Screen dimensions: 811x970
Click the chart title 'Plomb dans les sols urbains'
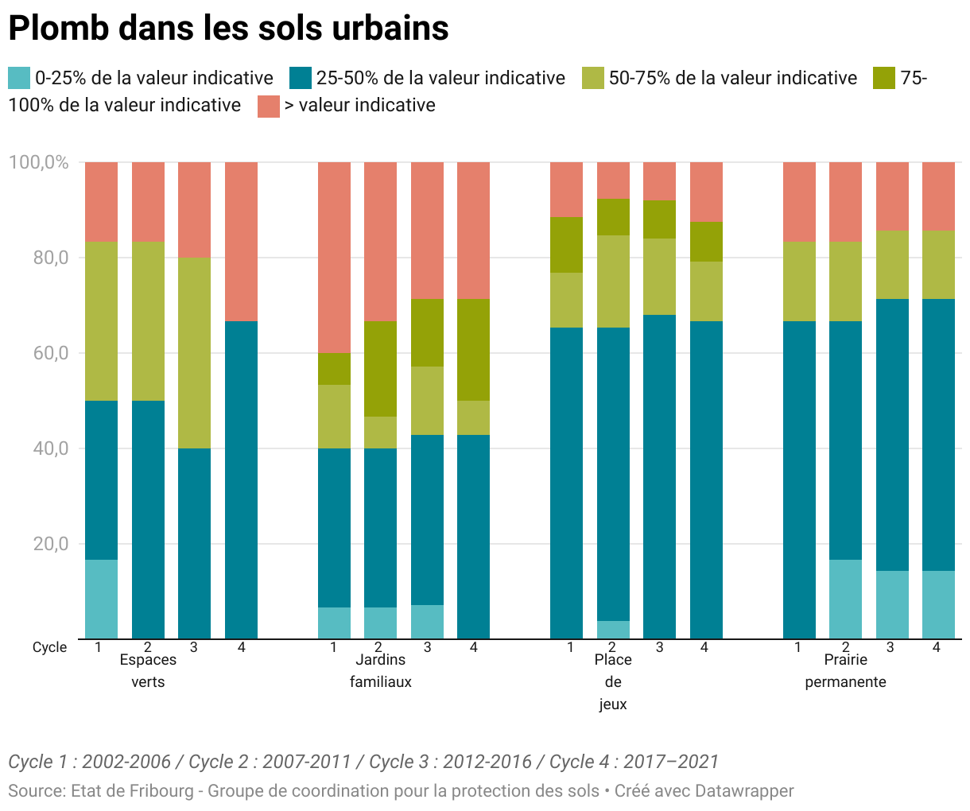[228, 29]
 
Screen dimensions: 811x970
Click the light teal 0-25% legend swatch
[19, 78]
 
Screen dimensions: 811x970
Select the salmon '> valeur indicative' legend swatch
[269, 106]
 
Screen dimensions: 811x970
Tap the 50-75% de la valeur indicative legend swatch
[593, 78]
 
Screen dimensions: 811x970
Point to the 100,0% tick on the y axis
[38, 162]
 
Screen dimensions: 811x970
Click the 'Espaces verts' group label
[148, 670]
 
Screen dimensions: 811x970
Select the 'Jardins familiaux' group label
[381, 670]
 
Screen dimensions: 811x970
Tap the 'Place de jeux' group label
[613, 681]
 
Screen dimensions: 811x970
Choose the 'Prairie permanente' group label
[845, 670]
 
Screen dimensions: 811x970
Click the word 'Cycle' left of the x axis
[49, 647]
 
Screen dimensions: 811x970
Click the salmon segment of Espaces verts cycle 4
[241, 241]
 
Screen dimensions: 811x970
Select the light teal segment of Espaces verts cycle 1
[102, 599]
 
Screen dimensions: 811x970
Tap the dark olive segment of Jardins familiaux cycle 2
[381, 369]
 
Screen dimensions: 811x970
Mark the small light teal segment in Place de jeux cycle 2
[613, 630]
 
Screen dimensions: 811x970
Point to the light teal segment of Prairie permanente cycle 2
[845, 599]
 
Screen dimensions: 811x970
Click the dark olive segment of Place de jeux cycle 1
[567, 245]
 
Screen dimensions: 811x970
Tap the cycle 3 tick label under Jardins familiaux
[427, 647]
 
